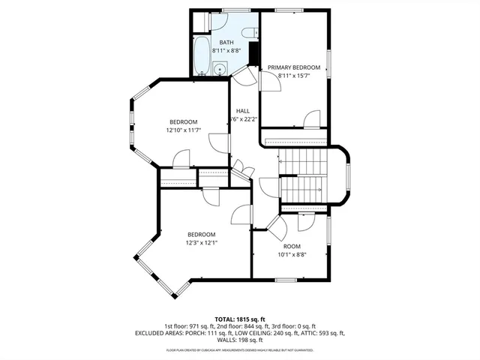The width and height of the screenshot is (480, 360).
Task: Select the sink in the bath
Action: coord(218,70)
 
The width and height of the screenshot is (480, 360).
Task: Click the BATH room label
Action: coord(226,43)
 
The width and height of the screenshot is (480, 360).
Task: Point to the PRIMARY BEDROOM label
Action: coord(294,67)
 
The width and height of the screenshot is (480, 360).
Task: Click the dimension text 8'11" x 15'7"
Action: coord(294,76)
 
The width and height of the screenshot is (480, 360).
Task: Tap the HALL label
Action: coord(243,111)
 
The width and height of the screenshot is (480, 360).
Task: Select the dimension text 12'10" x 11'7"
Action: coord(183,130)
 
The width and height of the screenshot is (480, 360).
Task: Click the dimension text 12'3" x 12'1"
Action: coord(201,242)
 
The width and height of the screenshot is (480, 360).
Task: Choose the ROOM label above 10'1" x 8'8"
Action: coord(292,246)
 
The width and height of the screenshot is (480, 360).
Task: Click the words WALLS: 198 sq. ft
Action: coord(240,340)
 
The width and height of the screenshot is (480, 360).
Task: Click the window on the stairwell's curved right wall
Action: coord(347,175)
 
